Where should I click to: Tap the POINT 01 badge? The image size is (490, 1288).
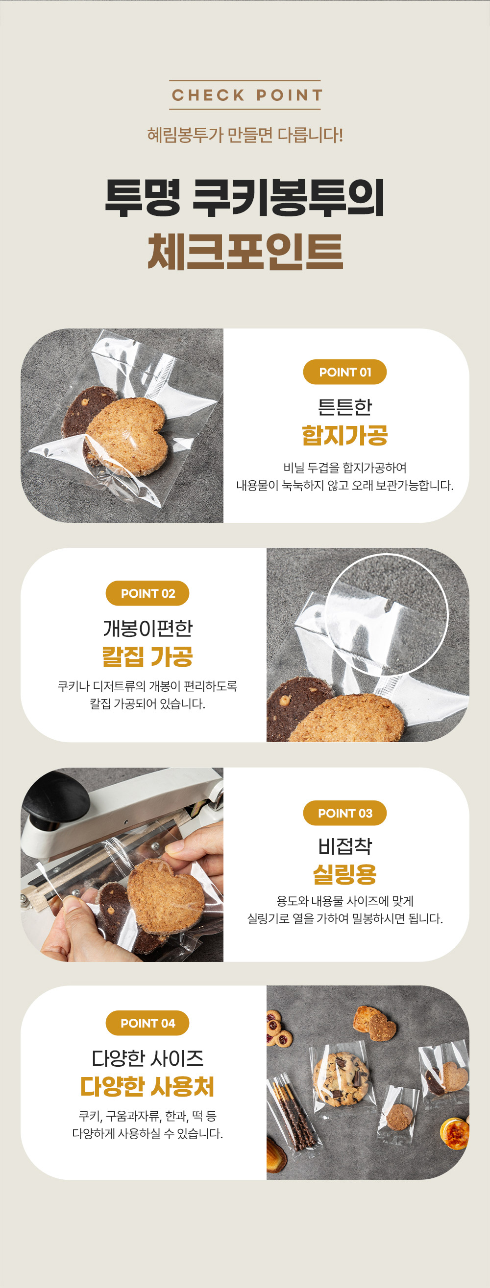(x=345, y=372)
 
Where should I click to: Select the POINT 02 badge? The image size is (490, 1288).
(x=147, y=593)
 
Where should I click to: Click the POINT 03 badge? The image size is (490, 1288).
(x=345, y=813)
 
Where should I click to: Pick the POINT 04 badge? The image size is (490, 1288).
(x=147, y=1023)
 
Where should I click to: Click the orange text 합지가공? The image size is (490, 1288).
(x=345, y=435)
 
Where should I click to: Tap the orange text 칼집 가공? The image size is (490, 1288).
(x=147, y=656)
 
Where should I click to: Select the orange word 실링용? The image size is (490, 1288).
(x=345, y=874)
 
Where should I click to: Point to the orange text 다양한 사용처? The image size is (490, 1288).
(x=147, y=1086)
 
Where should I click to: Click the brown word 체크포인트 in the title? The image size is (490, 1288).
(x=245, y=252)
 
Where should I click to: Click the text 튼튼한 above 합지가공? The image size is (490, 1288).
(x=345, y=407)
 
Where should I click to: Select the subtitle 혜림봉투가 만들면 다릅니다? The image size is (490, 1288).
(x=245, y=135)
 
